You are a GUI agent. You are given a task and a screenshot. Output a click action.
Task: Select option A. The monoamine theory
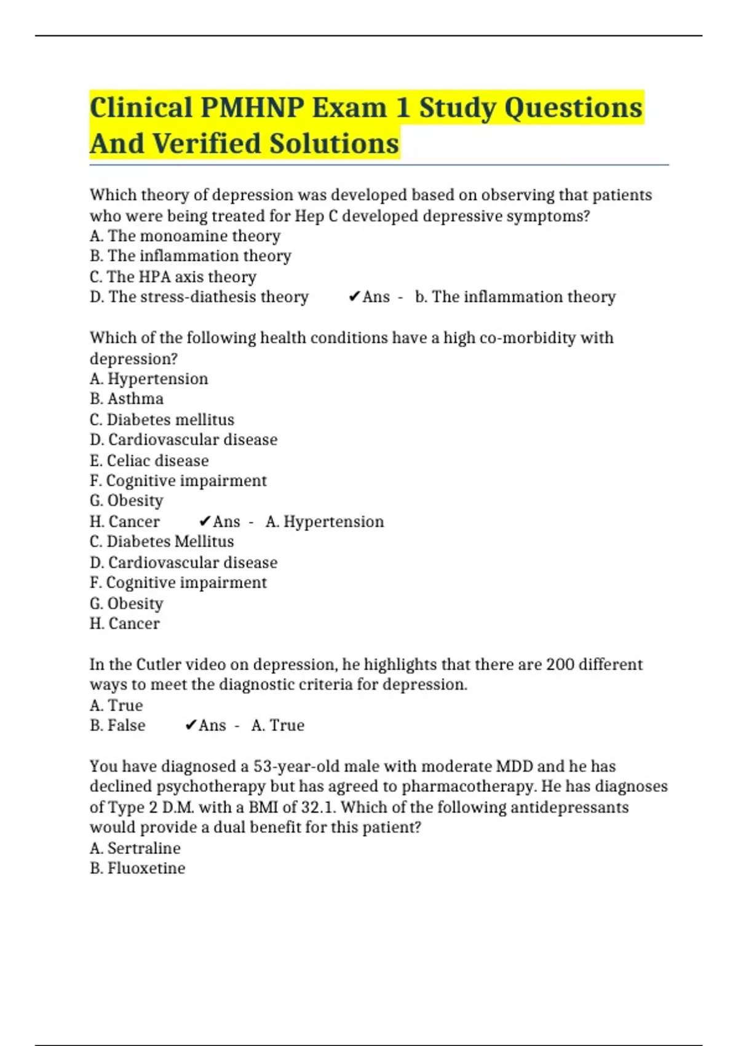184,236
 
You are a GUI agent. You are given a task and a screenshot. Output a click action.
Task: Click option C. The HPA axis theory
173,277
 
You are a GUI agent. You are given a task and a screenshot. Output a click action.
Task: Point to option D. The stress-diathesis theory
199,297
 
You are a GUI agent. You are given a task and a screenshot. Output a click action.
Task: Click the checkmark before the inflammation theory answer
354,297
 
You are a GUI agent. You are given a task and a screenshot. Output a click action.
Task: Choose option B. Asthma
126,399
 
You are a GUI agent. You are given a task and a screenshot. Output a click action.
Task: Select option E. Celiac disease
149,461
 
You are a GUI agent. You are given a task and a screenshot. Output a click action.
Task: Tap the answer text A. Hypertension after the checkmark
324,522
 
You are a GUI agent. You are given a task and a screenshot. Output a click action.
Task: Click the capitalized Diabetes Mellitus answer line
161,542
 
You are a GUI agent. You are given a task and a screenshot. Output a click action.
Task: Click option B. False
117,725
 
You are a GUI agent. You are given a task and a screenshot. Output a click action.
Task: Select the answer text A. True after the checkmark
277,725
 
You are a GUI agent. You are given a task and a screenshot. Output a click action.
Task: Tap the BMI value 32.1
318,807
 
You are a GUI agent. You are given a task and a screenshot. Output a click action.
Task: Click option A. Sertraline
135,848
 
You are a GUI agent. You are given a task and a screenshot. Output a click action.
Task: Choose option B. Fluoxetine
137,868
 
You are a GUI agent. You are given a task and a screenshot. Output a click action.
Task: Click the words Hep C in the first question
315,216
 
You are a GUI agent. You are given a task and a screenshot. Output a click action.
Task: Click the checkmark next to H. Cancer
205,522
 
